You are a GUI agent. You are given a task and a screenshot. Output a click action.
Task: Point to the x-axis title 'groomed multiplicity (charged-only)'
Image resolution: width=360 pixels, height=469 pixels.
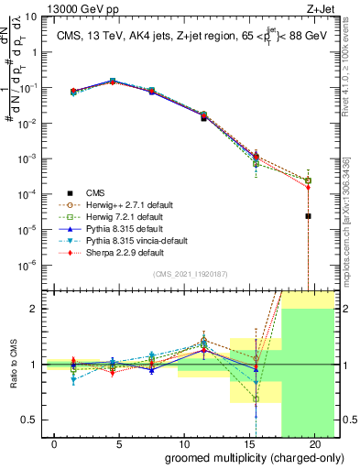click(242, 457)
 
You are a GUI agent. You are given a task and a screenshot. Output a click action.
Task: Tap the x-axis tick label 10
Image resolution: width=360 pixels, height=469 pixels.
click(184, 444)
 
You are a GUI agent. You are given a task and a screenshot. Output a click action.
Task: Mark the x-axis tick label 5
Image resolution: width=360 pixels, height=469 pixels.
click(121, 444)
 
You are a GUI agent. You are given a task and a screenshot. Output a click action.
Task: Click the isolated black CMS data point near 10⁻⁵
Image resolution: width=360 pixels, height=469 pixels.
click(308, 216)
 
